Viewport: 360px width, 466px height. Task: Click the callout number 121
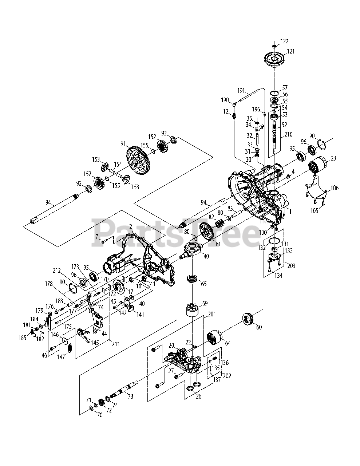[291, 51]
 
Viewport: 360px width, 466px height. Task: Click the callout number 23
[334, 158]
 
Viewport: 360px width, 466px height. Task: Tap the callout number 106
[334, 188]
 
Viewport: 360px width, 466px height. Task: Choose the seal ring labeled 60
[249, 320]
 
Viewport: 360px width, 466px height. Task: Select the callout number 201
[212, 314]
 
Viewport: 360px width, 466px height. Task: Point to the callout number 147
[61, 357]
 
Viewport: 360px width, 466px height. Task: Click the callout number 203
[292, 266]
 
